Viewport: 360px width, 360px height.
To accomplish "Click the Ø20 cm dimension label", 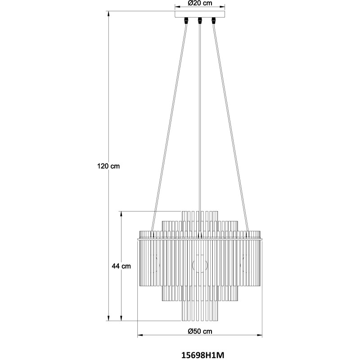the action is (x=200, y=3).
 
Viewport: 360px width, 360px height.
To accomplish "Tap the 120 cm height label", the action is (x=108, y=166).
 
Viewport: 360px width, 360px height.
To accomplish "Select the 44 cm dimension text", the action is (x=121, y=266).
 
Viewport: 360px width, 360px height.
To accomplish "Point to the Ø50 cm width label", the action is (x=200, y=331).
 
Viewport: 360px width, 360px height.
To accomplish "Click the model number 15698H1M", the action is (x=203, y=355).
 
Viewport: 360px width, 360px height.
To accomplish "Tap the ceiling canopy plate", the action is (x=200, y=14).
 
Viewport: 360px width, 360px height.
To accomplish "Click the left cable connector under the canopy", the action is (x=186, y=20).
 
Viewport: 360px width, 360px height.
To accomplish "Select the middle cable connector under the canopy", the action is (x=200, y=20).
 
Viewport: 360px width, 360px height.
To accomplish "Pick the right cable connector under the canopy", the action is (x=214, y=20).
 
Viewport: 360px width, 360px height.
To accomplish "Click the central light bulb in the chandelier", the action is (x=200, y=265).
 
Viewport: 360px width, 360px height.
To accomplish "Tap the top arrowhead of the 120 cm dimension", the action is (x=108, y=13).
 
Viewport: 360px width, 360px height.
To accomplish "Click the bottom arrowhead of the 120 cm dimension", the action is (x=108, y=318).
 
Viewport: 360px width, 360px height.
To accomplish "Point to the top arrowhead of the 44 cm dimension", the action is (x=121, y=214).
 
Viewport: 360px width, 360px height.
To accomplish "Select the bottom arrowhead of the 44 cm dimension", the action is (x=121, y=318).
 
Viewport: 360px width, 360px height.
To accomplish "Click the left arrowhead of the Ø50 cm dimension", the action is (x=140, y=335).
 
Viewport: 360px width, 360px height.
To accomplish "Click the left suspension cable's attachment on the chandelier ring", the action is (x=152, y=234).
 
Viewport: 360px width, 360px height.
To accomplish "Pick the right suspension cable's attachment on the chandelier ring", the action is (x=248, y=234).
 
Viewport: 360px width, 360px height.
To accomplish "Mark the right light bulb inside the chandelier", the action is (x=244, y=264).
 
